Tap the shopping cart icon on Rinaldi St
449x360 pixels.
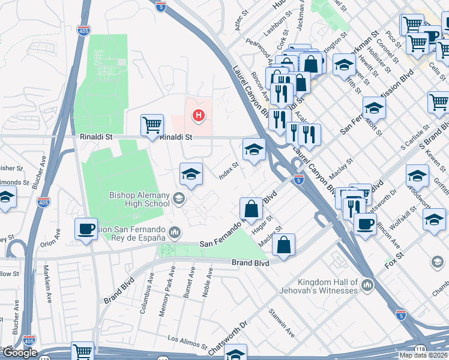[152, 125]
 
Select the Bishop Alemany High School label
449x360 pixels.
[139, 199]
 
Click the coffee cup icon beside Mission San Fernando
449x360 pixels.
[86, 229]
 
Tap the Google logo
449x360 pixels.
[19, 352]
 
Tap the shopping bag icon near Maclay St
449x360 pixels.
[285, 244]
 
